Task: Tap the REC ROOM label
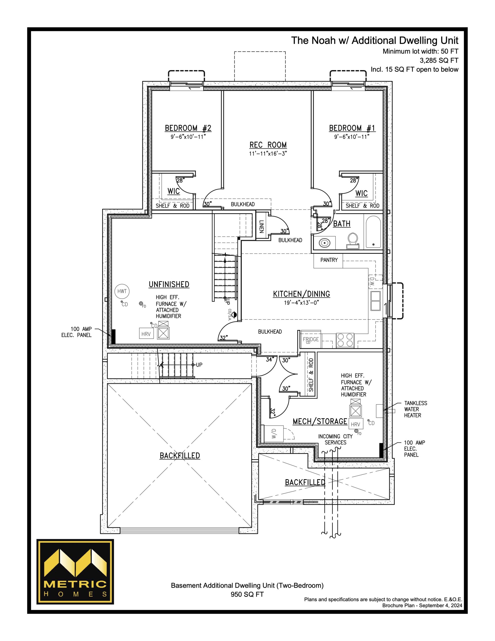click(268, 145)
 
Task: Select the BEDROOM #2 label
click(188, 128)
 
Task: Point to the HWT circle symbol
click(122, 291)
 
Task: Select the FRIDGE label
click(311, 339)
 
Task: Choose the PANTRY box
click(328, 260)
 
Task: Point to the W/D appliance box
click(274, 433)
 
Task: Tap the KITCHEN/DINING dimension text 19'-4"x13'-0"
click(301, 302)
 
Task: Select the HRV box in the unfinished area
click(146, 334)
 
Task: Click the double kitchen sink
click(375, 301)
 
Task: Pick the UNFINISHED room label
click(169, 284)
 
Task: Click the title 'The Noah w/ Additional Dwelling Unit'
click(375, 41)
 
